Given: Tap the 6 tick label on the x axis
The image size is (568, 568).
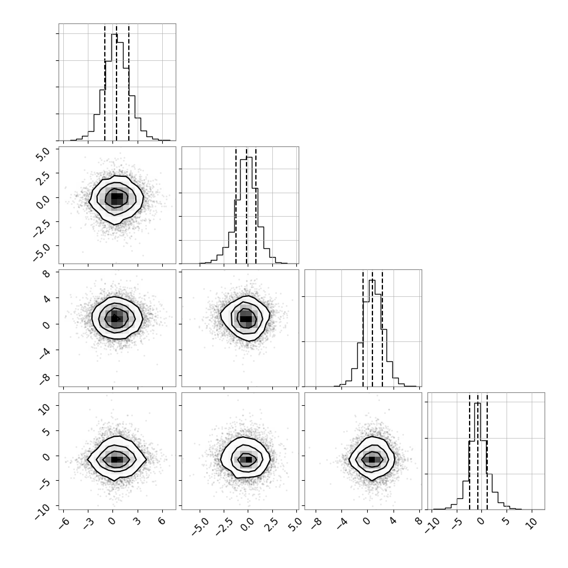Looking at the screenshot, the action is (162, 521).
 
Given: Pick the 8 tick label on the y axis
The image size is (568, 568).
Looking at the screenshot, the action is (46, 273).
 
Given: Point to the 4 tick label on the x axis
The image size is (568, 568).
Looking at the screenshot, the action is (393, 521).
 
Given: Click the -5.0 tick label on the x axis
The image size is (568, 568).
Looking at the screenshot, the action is (199, 526).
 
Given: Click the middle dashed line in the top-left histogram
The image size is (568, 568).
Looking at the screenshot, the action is (117, 83).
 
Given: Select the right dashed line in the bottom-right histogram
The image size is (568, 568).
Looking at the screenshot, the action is (487, 451).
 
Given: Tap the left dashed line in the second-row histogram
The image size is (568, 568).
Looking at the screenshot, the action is (236, 206).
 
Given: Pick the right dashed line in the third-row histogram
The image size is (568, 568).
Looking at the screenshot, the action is (382, 329).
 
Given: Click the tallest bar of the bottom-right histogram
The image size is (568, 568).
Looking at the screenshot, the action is (478, 456).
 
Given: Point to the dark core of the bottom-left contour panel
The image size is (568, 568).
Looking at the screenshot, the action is (115, 459).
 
